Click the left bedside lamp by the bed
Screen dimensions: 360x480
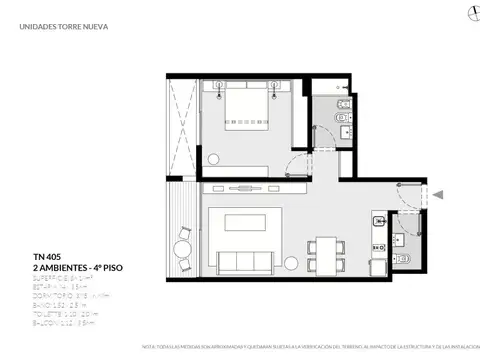216,88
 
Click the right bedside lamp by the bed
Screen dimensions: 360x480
277,88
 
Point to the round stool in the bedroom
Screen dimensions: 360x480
216,157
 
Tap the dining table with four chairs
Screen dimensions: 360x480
326,250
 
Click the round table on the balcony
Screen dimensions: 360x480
182,251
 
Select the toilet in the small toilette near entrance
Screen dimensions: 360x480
403,260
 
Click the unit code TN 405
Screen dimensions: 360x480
46,255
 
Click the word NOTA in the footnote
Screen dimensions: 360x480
150,347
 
